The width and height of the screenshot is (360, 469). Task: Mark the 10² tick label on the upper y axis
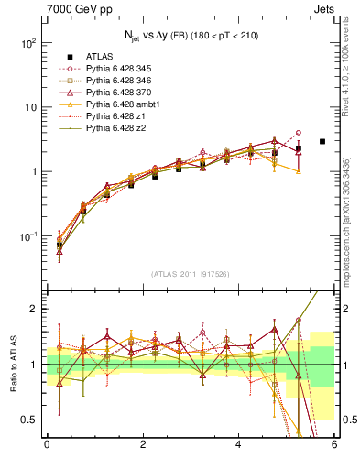click(28, 43)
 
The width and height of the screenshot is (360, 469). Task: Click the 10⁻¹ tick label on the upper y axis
click(28, 236)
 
